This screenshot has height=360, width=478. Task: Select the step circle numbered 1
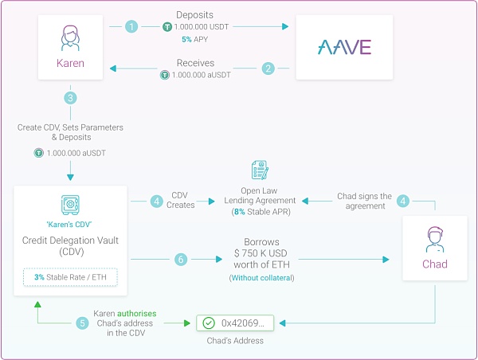click(x=131, y=26)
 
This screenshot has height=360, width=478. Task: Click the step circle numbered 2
click(x=268, y=68)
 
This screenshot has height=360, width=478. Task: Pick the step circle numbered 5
click(x=82, y=323)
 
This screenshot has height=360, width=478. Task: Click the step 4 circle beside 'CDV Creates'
click(x=158, y=202)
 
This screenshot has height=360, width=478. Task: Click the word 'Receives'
click(x=196, y=63)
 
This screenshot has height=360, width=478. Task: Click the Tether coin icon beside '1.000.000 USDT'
click(x=167, y=27)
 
